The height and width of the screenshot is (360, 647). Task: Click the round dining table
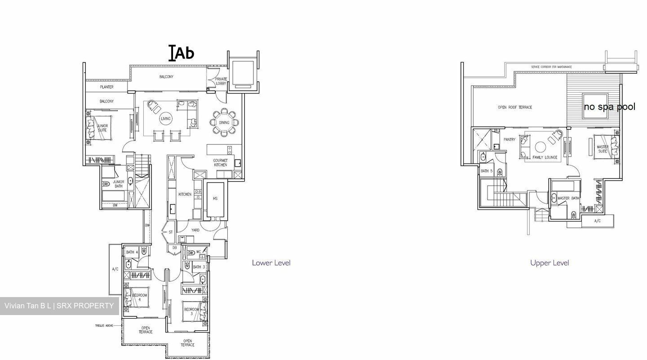pos(224,122)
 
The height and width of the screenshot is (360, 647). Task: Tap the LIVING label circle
pos(166,119)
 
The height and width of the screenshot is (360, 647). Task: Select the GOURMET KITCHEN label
pos(220,163)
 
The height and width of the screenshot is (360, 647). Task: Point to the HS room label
pos(215,199)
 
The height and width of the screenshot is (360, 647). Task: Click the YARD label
pos(195,230)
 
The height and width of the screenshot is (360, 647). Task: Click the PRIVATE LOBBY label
pos(221,81)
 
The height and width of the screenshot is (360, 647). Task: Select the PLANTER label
pos(106,87)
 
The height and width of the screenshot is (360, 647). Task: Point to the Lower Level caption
pos(271,263)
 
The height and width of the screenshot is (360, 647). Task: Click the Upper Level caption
pos(549,263)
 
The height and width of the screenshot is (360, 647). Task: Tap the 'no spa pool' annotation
pos(609,107)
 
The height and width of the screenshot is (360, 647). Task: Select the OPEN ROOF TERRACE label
pos(515,107)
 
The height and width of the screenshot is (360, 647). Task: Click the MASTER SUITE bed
pos(605,149)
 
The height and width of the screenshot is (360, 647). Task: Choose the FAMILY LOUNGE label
pos(545,157)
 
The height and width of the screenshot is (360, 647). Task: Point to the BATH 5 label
pos(487,171)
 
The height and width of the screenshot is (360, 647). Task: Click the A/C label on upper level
pos(597,221)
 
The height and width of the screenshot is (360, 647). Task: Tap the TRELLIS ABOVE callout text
pos(103,325)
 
